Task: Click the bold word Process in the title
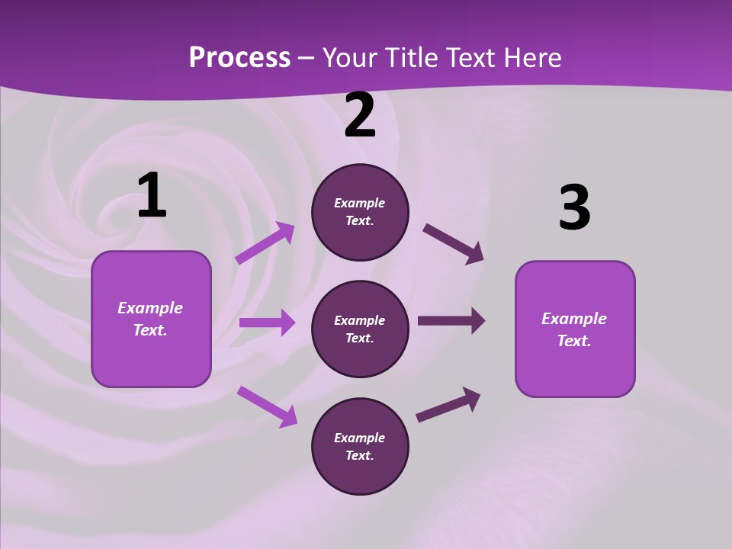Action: pos(239,58)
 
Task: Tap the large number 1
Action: pos(152,196)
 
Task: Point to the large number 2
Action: pos(360,116)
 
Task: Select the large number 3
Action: pos(574,208)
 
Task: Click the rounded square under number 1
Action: pos(151,319)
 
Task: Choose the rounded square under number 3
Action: pos(575,329)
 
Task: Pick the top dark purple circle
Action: pos(360,212)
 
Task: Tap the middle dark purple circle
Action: pos(360,329)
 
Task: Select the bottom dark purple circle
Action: pos(360,446)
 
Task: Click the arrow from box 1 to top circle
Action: pos(265,243)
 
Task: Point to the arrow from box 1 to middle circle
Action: pos(267,323)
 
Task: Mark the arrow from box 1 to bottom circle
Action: pos(267,406)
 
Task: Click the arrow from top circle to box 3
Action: pos(454,244)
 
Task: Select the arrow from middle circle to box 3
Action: pos(451,321)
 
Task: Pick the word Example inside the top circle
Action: pos(360,203)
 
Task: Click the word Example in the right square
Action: pos(574,319)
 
